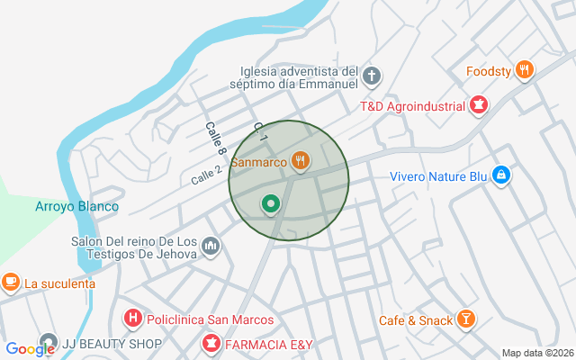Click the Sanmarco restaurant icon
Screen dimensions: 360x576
click(x=301, y=162)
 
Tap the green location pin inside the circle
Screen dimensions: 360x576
click(x=270, y=204)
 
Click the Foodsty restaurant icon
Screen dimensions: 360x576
click(x=526, y=70)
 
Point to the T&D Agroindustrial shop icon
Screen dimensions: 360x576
click(x=479, y=106)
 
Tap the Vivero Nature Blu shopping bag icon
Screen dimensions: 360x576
click(x=501, y=175)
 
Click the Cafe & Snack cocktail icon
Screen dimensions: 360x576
click(x=466, y=319)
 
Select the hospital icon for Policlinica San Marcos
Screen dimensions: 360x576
click(x=132, y=319)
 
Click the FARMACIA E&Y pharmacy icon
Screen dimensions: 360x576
click(x=211, y=343)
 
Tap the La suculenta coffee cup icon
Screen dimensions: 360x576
click(x=11, y=283)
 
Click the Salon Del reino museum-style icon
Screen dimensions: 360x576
click(x=211, y=245)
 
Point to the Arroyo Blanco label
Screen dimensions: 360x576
click(x=76, y=206)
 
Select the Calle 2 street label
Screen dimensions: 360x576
click(x=207, y=175)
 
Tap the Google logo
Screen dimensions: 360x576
click(x=30, y=349)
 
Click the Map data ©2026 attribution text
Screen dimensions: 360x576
click(x=537, y=354)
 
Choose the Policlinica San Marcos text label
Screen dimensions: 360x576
click(x=209, y=319)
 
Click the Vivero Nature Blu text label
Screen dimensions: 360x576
click(x=438, y=176)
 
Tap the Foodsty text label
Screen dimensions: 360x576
click(x=489, y=71)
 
